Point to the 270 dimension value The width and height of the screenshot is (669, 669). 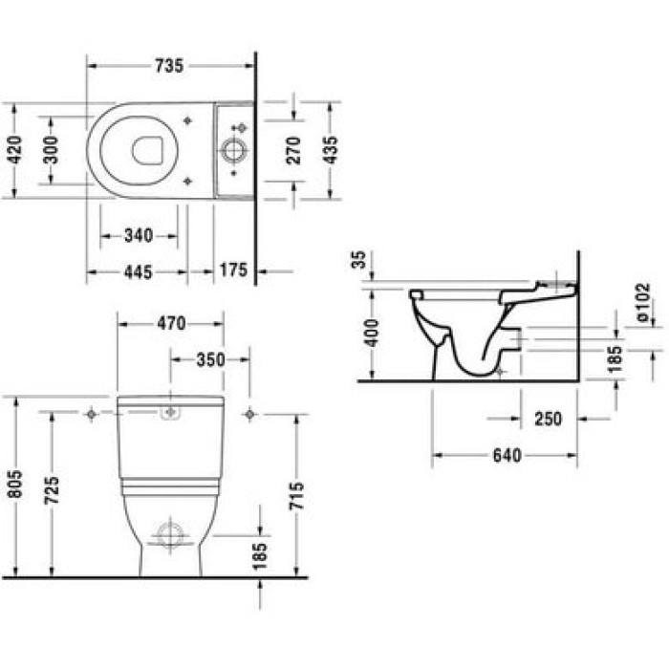[x=293, y=149]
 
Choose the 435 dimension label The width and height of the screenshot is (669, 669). [x=330, y=149]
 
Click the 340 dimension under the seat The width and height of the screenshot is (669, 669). [x=139, y=235]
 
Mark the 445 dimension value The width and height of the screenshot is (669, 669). [x=139, y=271]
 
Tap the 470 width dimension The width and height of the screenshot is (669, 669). [x=170, y=324]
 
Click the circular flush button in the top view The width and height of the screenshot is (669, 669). [x=232, y=150]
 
